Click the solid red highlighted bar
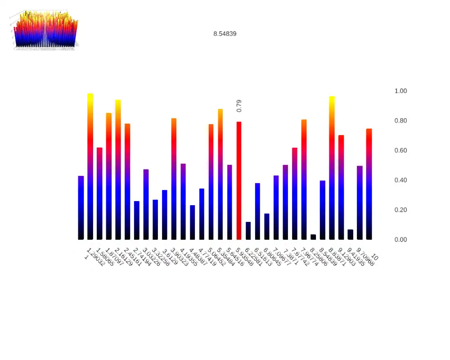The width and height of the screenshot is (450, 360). click(x=239, y=180)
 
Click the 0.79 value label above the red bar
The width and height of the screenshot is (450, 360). click(x=239, y=106)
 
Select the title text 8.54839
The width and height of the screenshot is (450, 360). click(x=225, y=34)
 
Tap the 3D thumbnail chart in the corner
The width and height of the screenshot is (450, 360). click(x=45, y=29)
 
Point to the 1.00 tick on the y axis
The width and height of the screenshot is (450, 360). click(x=400, y=91)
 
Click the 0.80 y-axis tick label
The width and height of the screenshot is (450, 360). click(x=400, y=121)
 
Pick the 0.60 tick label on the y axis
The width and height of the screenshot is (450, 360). click(x=400, y=150)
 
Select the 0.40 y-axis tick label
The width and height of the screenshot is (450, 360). click(x=400, y=180)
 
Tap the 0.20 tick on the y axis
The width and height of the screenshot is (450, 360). click(x=400, y=210)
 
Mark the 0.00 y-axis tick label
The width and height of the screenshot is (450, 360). click(x=400, y=239)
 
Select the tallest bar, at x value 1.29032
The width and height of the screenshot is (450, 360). click(x=90, y=166)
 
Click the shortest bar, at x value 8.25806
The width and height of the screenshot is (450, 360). click(x=313, y=237)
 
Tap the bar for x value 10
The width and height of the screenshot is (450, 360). click(x=369, y=184)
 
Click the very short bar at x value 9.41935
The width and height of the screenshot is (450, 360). click(x=351, y=234)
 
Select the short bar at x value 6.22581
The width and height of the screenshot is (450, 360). click(x=248, y=231)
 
